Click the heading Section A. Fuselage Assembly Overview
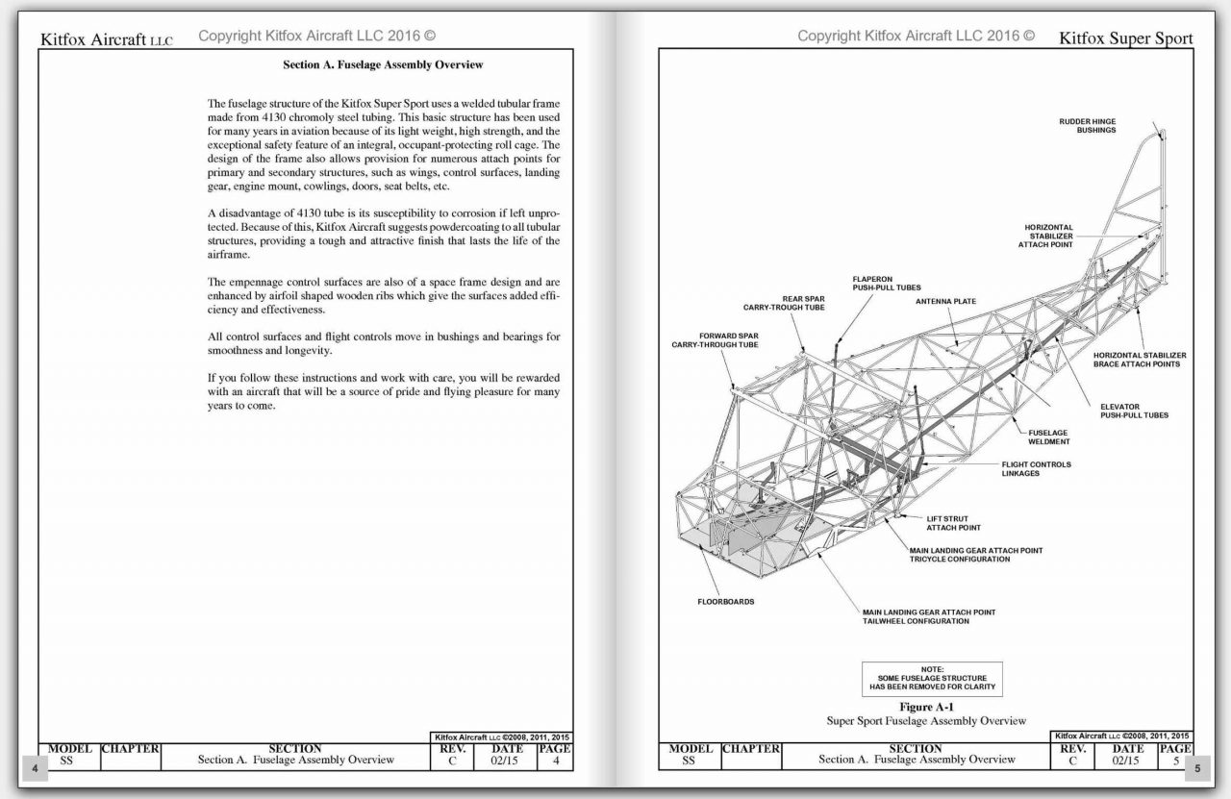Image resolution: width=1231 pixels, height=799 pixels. pyautogui.click(x=383, y=65)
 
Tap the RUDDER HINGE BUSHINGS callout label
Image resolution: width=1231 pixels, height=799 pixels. pyautogui.click(x=1088, y=126)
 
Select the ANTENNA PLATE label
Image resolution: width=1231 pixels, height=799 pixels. pyautogui.click(x=944, y=301)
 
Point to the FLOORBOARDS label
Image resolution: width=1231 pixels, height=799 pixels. pyautogui.click(x=725, y=602)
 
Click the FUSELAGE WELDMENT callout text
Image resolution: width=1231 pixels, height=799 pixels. pyautogui.click(x=1047, y=437)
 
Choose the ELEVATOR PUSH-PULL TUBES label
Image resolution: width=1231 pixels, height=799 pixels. pyautogui.click(x=1134, y=411)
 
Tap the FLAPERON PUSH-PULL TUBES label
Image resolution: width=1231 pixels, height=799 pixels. pyautogui.click(x=886, y=284)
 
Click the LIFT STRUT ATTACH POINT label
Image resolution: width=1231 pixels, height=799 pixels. pyautogui.click(x=953, y=523)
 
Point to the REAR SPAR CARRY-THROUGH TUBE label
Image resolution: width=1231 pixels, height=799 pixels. pyautogui.click(x=784, y=303)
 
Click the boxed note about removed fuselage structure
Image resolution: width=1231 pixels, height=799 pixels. pyautogui.click(x=932, y=678)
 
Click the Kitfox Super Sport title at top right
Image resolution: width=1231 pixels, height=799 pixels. pyautogui.click(x=1125, y=39)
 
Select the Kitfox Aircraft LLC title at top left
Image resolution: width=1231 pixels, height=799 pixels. pyautogui.click(x=106, y=39)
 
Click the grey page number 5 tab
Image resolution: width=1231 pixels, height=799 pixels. pyautogui.click(x=1198, y=768)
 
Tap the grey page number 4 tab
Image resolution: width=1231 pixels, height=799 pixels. pyautogui.click(x=35, y=768)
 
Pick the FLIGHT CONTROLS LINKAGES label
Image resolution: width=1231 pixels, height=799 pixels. pyautogui.click(x=1035, y=469)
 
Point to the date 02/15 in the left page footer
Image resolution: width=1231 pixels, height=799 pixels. pyautogui.click(x=507, y=761)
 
